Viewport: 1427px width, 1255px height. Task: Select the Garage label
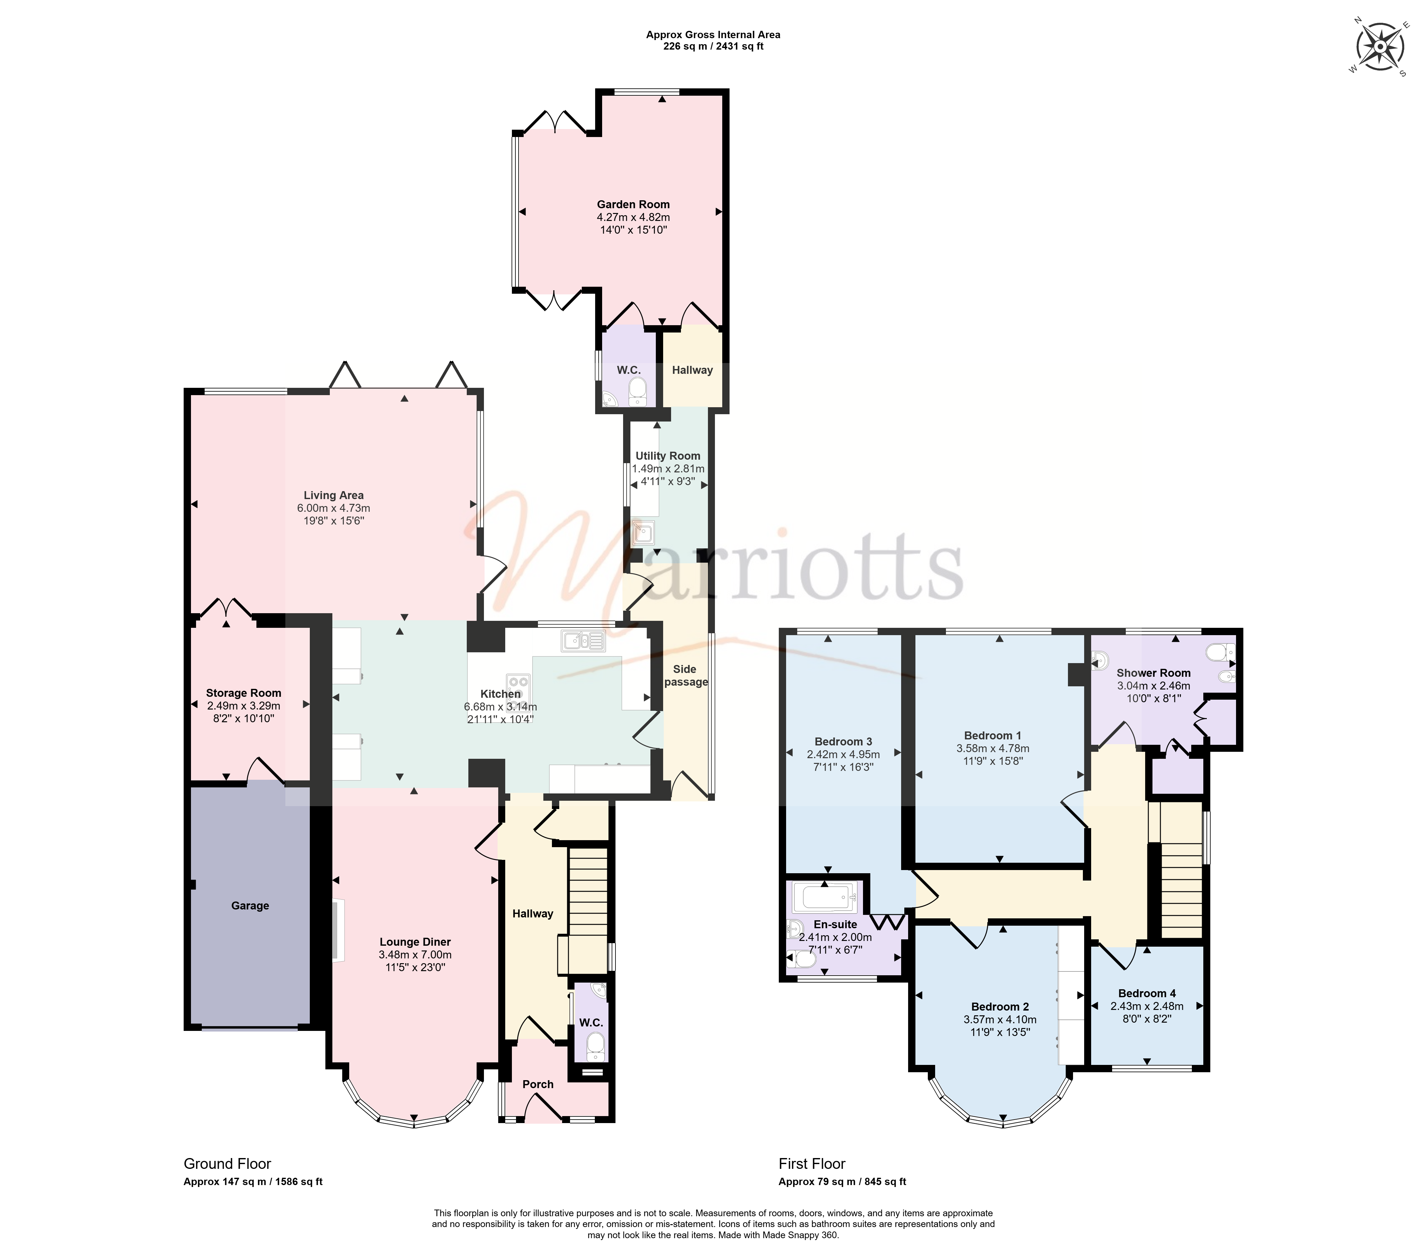[x=250, y=906]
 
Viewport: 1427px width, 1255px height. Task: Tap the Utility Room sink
[x=642, y=534]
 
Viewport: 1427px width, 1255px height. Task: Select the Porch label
[x=538, y=1084]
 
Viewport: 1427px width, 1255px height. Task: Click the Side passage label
[x=686, y=675]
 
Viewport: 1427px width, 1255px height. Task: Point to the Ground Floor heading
[x=227, y=1163]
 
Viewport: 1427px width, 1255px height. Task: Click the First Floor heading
[x=812, y=1163]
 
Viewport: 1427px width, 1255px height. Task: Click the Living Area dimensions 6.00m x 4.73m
[x=334, y=508]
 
